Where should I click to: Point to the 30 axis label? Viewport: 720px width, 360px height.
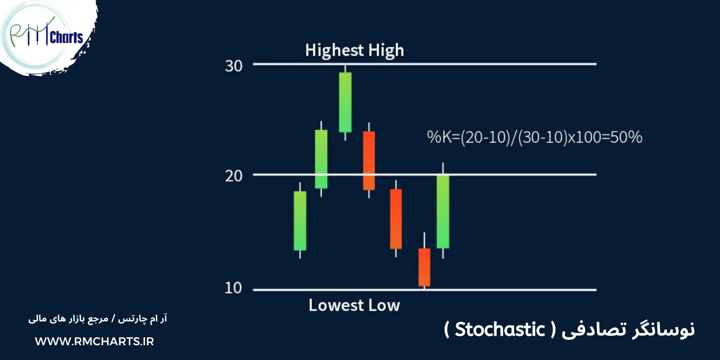click(x=234, y=66)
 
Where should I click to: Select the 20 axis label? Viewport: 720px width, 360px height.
click(x=234, y=176)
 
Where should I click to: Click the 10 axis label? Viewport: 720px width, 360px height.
click(x=233, y=288)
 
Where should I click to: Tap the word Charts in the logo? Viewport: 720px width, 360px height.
click(x=67, y=37)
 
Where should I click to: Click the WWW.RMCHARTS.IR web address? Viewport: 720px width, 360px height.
click(x=94, y=341)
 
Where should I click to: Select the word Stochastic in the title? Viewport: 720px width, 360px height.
click(x=500, y=329)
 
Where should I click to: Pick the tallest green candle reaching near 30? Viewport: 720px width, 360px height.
click(x=345, y=102)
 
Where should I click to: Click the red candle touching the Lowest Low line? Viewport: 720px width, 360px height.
click(x=424, y=267)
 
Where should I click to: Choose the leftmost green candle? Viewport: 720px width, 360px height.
click(x=300, y=221)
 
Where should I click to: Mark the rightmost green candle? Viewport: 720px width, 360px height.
click(x=443, y=212)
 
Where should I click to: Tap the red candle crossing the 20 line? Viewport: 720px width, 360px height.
click(x=369, y=161)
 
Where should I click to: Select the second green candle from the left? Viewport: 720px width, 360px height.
click(x=321, y=159)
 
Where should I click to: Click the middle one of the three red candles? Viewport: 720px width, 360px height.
click(x=396, y=219)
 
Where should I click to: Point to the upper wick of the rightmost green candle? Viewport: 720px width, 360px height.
click(x=443, y=168)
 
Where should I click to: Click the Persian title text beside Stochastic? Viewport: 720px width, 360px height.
click(x=628, y=329)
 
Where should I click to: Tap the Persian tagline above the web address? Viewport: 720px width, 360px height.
click(x=98, y=319)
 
